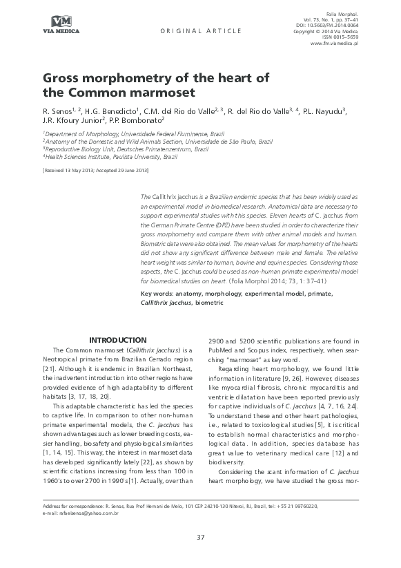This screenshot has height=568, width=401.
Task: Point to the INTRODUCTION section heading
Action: pos(119,340)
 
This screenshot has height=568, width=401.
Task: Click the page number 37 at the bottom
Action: pos(201,537)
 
